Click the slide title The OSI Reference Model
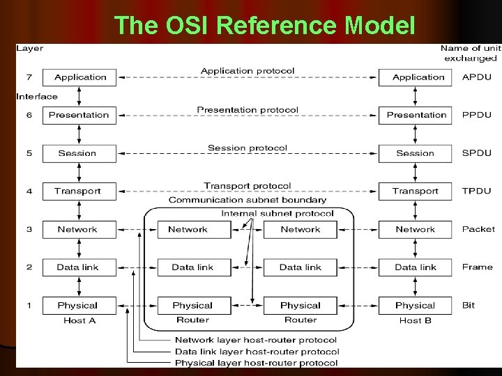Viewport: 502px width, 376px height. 264,25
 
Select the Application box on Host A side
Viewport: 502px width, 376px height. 79,77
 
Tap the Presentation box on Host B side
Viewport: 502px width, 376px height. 416,115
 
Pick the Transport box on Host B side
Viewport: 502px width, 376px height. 416,191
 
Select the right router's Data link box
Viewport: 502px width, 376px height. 301,267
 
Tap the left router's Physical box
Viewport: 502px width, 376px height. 192,305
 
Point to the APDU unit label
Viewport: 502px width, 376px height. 476,77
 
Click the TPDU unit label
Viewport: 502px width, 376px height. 476,191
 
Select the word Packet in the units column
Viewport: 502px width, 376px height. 478,229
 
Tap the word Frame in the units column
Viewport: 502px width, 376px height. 478,267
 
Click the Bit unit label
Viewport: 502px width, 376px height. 469,305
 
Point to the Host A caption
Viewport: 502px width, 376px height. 79,320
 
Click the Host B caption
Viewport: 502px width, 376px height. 416,320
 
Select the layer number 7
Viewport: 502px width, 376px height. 29,77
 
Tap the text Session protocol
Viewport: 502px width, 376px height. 247,148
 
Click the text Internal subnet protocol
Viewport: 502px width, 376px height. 277,213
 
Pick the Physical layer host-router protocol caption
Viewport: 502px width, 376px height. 257,363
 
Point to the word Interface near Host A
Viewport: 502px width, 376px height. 37,96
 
